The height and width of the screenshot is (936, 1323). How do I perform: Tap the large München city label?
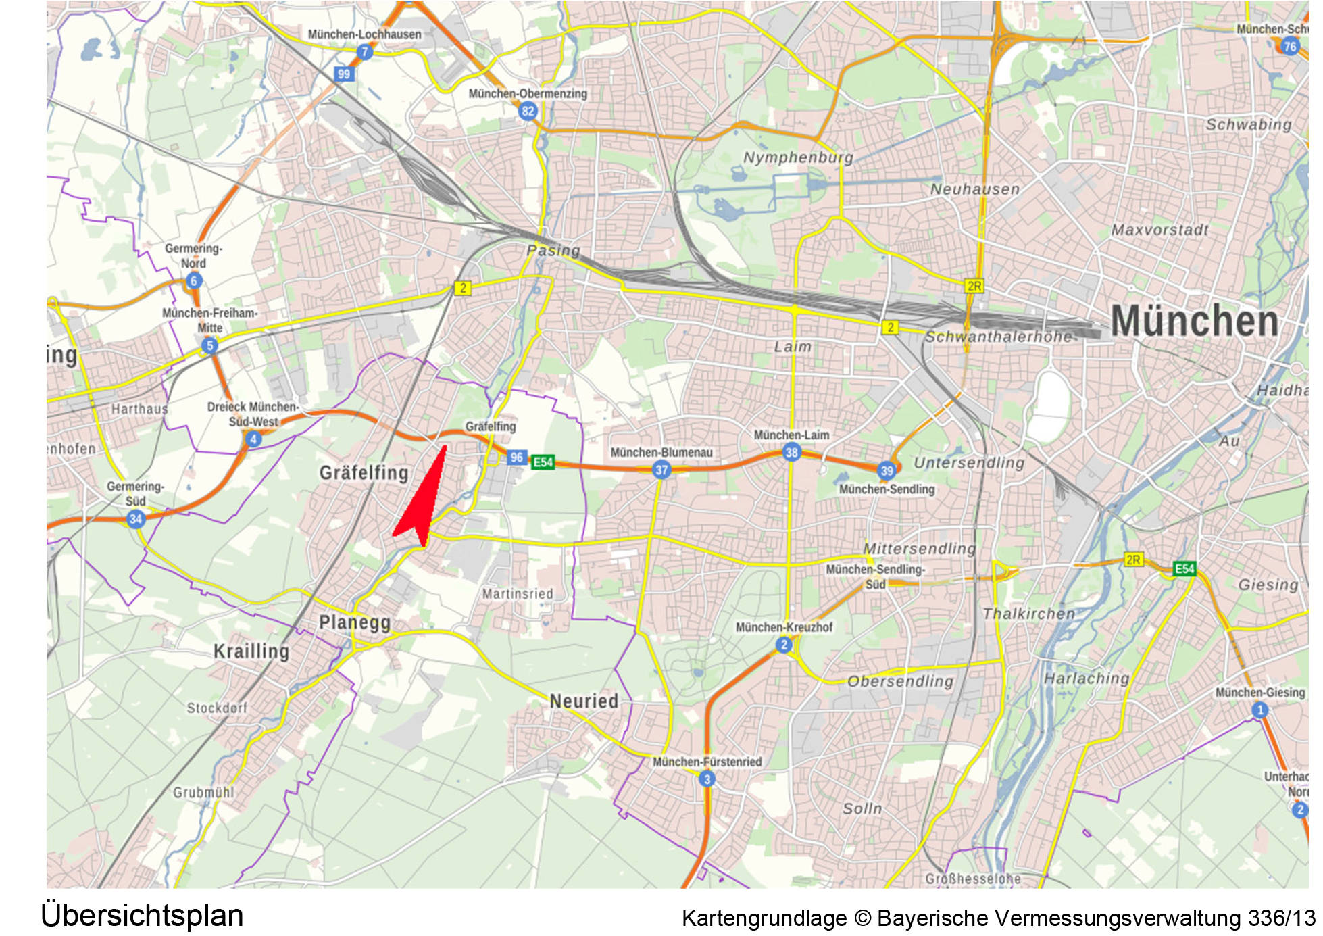pos(1194,321)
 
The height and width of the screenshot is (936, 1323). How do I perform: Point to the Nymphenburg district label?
pos(797,157)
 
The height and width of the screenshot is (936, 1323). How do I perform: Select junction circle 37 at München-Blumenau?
pos(661,470)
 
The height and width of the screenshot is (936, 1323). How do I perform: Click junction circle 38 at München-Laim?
pos(791,452)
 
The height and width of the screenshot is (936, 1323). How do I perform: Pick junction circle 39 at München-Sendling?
pos(887,470)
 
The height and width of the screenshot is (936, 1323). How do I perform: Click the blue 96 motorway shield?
pos(517,458)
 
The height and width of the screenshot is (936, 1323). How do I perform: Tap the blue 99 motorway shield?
pos(344,74)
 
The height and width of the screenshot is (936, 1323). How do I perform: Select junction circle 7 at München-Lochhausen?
pos(365,52)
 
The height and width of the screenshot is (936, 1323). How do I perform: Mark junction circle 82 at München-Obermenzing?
pos(528,112)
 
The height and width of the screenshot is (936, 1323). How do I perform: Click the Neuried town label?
pos(584,701)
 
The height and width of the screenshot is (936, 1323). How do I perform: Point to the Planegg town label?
pos(355,622)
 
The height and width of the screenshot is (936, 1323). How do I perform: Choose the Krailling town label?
pos(251,651)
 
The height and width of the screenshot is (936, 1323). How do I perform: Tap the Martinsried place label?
pos(518,594)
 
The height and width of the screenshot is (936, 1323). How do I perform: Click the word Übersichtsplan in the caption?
pos(142,916)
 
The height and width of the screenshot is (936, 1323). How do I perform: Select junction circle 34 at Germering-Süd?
pos(135,519)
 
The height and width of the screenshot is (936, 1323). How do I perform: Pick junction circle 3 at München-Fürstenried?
pos(707,779)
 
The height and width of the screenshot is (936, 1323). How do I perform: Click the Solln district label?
pos(862,808)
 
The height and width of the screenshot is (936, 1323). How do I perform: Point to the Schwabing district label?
pos(1248,125)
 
